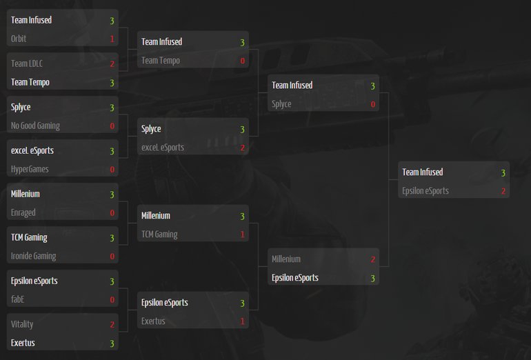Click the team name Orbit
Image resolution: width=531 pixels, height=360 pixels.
pos(19,39)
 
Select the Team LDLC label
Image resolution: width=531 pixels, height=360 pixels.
pos(28,63)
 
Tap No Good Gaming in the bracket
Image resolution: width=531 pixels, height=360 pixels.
pos(35,126)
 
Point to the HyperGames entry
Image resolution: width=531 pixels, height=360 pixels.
pos(30,169)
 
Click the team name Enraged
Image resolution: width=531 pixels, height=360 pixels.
pos(23,212)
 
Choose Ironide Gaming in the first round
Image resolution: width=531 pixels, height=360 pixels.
pos(33,256)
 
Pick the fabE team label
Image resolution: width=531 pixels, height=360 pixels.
pos(19,299)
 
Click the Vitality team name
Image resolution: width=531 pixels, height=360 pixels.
pos(22,324)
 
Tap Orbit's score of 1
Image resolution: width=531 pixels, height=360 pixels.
pos(112,39)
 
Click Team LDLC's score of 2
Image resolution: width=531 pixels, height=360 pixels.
pos(112,63)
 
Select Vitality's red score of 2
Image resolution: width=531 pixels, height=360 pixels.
pos(112,324)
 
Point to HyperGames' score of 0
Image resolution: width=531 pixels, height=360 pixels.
pos(112,169)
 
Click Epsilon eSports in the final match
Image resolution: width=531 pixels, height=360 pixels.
pos(425,191)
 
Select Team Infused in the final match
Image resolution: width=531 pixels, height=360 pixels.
pos(423,172)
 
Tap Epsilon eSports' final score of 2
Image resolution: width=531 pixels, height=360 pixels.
pos(503,191)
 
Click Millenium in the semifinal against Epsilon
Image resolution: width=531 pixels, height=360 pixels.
pos(286,259)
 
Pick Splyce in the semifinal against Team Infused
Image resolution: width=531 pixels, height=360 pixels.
pos(281,104)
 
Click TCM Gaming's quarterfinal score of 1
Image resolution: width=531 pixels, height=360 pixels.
pos(242,234)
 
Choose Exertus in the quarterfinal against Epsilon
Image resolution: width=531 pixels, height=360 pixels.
pos(153,321)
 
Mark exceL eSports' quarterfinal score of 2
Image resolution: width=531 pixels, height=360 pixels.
pos(242,148)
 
